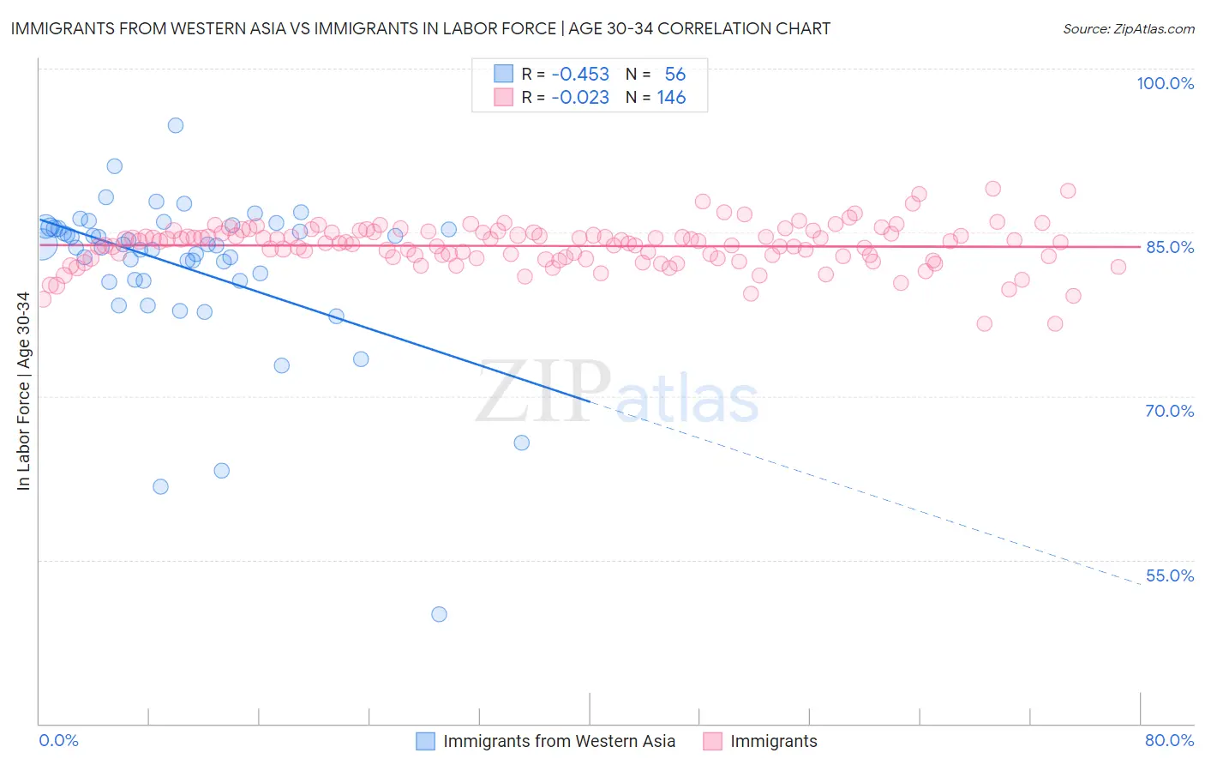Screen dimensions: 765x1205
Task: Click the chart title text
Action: (420, 28)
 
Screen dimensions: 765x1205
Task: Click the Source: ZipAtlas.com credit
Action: (1128, 28)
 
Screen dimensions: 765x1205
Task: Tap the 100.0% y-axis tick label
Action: (1165, 83)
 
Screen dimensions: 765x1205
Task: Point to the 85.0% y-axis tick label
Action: (1170, 247)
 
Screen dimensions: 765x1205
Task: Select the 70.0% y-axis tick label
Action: (1170, 411)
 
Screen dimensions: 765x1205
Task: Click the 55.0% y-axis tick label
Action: (1170, 575)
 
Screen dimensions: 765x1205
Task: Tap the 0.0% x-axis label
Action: (58, 740)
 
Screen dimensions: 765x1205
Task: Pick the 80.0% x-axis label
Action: (1169, 740)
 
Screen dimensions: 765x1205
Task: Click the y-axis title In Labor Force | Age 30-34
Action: (23, 391)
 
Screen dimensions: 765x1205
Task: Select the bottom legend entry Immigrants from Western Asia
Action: (559, 741)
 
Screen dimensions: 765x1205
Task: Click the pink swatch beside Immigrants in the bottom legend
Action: (712, 741)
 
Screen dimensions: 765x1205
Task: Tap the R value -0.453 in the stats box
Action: (580, 75)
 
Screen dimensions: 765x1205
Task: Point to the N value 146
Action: (671, 98)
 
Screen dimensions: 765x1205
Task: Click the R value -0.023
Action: (580, 98)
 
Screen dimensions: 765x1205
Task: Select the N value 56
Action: (675, 75)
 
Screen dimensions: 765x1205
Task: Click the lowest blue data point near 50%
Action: (439, 614)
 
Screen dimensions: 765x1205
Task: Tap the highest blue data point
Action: (176, 125)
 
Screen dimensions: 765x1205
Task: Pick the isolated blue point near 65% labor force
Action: (521, 443)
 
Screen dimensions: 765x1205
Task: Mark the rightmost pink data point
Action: (1118, 267)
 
